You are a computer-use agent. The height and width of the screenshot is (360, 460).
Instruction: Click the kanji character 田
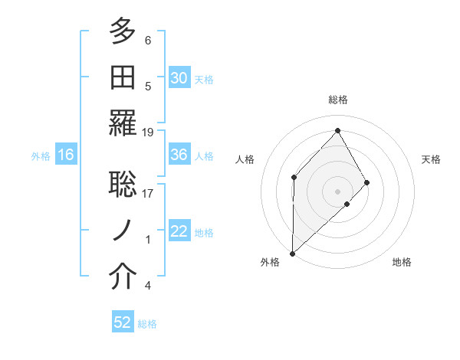coord(122,77)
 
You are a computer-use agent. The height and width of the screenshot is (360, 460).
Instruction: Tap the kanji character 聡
coord(122,185)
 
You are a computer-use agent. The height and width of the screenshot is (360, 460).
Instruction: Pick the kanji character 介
coord(122,277)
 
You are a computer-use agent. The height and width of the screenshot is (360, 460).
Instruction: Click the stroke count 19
coord(148,133)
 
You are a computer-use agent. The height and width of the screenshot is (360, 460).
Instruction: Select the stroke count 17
coord(148,194)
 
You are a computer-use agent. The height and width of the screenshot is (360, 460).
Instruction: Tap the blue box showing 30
coord(179,78)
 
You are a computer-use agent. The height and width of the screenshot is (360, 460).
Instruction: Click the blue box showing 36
coord(179,155)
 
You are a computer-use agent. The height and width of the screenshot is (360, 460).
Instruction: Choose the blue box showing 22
coord(179,231)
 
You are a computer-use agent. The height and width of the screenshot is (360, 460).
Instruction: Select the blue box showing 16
coord(66,155)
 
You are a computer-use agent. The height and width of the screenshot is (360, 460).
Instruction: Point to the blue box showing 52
coord(123,322)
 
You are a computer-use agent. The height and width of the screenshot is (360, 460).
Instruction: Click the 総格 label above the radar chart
coord(337,100)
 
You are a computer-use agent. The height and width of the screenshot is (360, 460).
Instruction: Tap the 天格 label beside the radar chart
coord(431,159)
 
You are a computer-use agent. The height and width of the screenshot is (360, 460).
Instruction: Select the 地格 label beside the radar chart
coord(402,262)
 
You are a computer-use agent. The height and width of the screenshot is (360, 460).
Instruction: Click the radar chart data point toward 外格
coord(292,253)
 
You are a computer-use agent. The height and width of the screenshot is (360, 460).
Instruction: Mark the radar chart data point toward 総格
coord(337,130)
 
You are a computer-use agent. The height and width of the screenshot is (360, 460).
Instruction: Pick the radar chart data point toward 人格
coord(294,177)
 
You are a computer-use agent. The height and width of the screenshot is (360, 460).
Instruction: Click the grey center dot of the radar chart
coord(337,191)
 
